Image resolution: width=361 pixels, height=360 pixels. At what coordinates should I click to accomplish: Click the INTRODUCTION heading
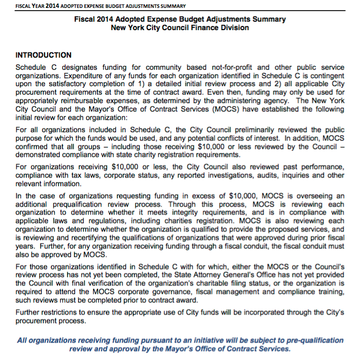tap(43, 55)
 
